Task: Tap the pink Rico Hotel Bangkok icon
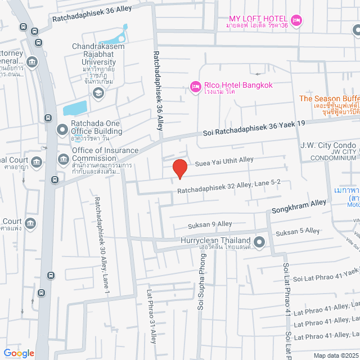(195, 86)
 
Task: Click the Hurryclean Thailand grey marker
(259, 242)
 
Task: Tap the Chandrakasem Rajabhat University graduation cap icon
(98, 93)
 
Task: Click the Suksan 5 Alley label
(297, 231)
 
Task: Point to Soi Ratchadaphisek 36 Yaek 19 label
(253, 127)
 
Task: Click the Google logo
(19, 353)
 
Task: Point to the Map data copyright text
(335, 355)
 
